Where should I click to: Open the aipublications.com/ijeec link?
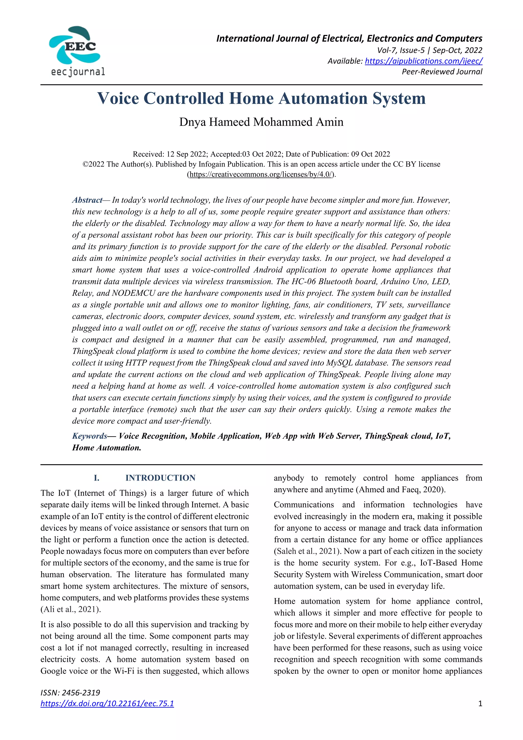tap(423, 61)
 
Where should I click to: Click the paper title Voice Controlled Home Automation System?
tap(261, 98)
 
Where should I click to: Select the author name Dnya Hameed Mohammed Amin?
tap(261, 122)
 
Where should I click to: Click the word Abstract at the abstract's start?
tap(87, 200)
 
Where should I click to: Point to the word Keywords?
tap(90, 436)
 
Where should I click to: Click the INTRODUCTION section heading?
tap(160, 478)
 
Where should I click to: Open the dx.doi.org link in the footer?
tap(107, 703)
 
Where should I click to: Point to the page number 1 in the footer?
tap(480, 703)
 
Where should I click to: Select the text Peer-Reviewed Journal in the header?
tap(442, 71)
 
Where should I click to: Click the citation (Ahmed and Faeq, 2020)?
tap(400, 490)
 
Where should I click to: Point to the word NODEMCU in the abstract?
tap(134, 293)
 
